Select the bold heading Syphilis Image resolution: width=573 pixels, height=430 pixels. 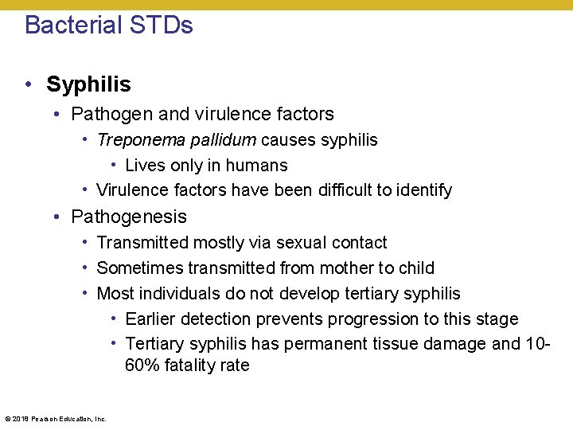pyautogui.click(x=88, y=84)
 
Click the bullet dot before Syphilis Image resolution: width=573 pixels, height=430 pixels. pyautogui.click(x=28, y=84)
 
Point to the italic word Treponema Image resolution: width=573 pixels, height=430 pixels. pyautogui.click(x=134, y=140)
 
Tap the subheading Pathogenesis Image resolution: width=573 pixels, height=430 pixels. pyautogui.click(x=129, y=217)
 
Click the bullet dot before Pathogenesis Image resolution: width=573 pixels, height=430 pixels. pyautogui.click(x=58, y=217)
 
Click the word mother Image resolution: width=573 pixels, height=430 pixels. pyautogui.click(x=345, y=268)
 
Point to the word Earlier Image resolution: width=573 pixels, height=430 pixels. pyautogui.click(x=150, y=319)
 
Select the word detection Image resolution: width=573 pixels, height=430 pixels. pyautogui.click(x=215, y=319)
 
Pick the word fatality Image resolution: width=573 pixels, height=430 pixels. pyautogui.click(x=190, y=365)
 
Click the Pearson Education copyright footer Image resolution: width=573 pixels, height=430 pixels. pyautogui.click(x=55, y=418)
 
